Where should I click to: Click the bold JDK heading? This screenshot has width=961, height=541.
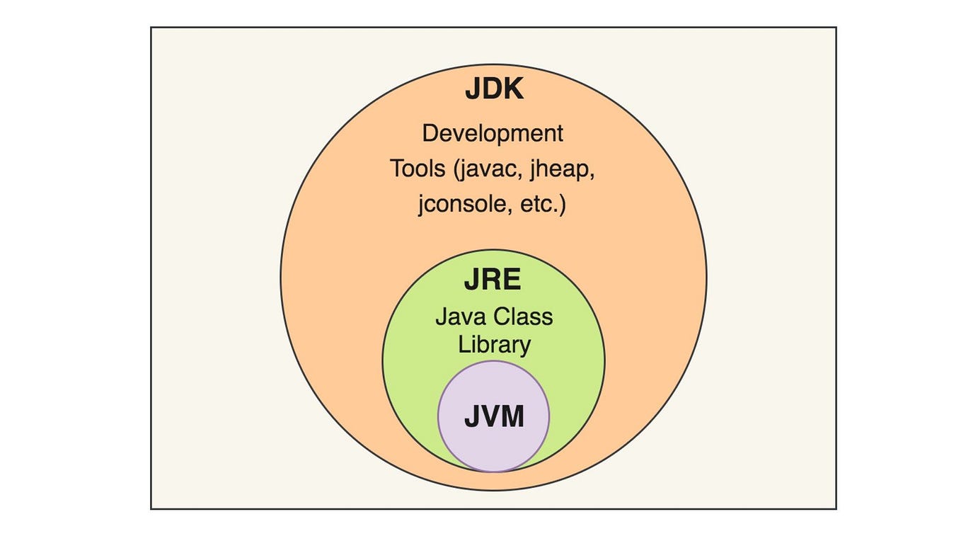tap(494, 90)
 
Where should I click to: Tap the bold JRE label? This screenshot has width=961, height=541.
tap(493, 280)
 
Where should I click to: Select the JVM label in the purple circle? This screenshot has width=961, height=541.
tap(494, 417)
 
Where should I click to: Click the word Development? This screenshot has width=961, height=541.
tap(493, 133)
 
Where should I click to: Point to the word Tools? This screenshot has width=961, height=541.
tap(418, 169)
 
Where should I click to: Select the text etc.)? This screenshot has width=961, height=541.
tap(542, 205)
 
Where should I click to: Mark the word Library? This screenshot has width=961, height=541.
tap(494, 345)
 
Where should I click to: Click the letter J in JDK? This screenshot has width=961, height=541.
tap(473, 90)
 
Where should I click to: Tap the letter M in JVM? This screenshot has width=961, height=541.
tap(512, 417)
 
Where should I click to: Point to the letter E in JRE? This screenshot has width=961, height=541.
tap(512, 280)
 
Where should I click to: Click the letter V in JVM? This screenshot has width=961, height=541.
tap(490, 417)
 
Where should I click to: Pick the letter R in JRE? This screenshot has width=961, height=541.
tap(493, 280)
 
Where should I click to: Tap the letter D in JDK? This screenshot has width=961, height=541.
tap(492, 90)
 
